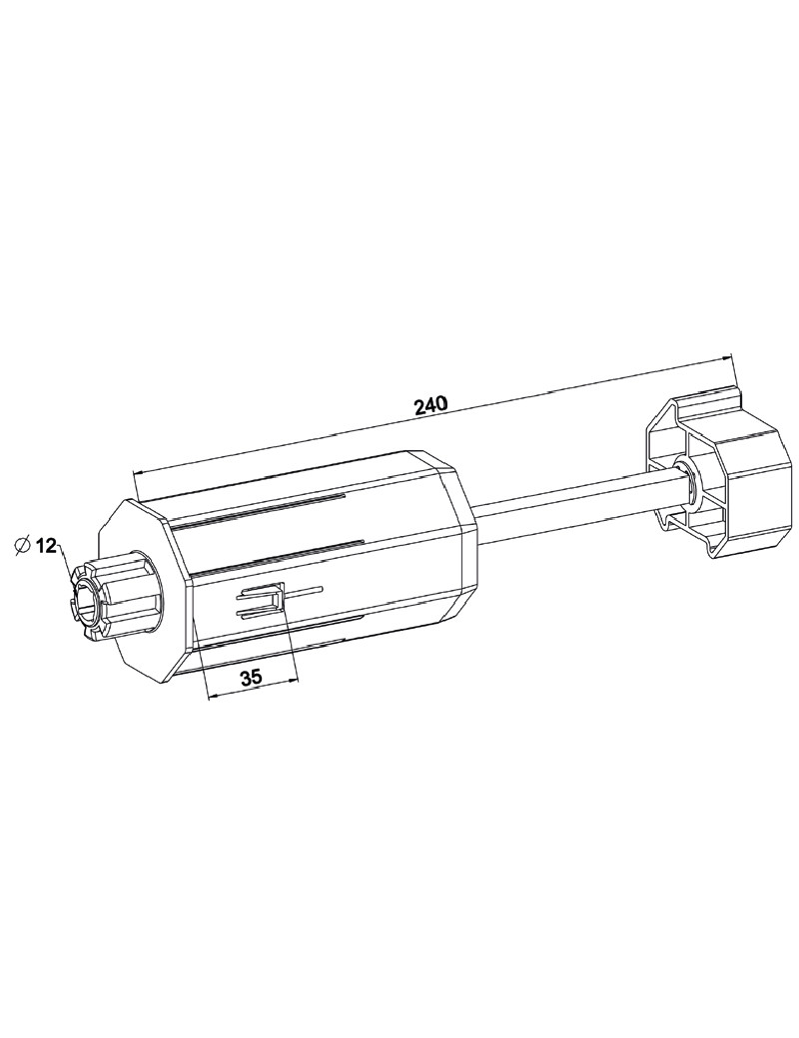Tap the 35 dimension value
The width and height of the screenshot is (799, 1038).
click(x=250, y=677)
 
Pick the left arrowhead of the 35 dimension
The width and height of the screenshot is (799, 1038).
click(x=211, y=695)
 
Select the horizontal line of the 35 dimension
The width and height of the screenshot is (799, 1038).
click(x=252, y=689)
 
